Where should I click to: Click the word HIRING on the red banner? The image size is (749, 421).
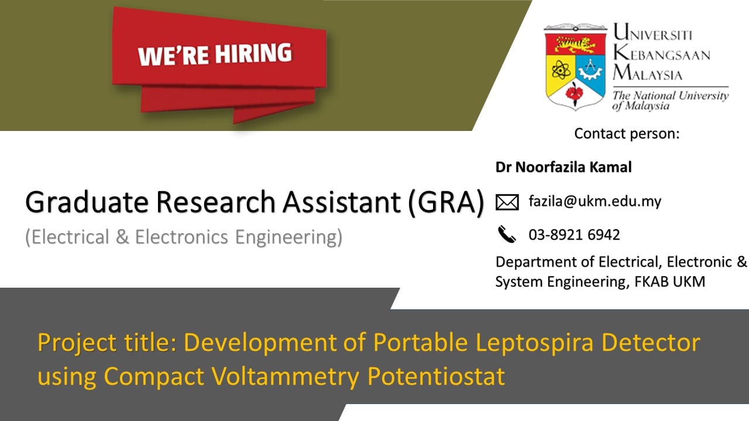pos(253,53)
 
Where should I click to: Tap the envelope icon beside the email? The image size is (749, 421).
pos(507,202)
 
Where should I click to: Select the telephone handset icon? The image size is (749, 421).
pos(507,234)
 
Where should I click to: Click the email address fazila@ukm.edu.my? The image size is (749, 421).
pos(595,202)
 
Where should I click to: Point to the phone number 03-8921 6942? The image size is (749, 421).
pos(574,234)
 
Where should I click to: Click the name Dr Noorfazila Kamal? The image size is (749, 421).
pos(564,167)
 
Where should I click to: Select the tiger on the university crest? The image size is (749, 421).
pos(575,45)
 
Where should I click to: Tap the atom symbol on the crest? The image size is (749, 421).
pos(561,70)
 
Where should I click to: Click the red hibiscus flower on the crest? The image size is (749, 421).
pos(575,92)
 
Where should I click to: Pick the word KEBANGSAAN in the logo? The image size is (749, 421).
pos(661,53)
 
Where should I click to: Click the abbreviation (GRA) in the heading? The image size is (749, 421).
pos(446,202)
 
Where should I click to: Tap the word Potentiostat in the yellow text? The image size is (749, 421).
pos(436,376)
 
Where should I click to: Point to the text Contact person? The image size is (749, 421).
pos(627,134)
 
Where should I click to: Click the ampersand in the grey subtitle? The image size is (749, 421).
pos(122,237)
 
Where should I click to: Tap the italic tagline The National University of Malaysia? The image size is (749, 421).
pos(671,101)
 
